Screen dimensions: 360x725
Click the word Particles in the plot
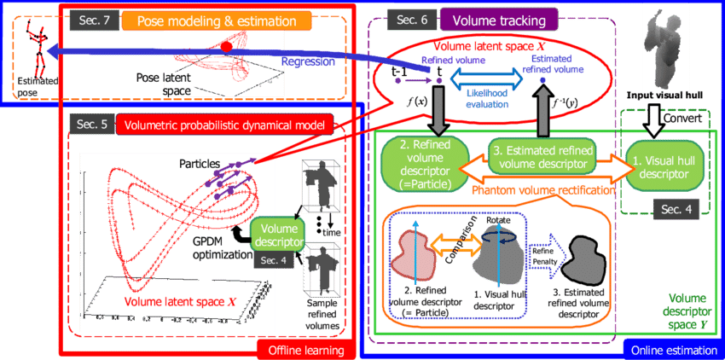point(198,162)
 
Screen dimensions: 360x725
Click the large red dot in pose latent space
point(225,47)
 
